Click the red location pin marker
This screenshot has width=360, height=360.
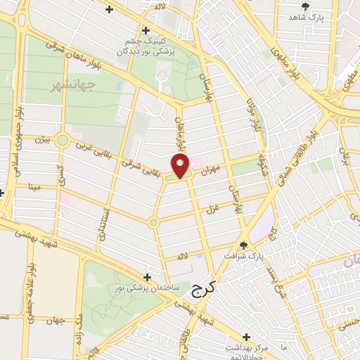[181, 166]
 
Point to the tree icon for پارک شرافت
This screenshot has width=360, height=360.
[243, 245]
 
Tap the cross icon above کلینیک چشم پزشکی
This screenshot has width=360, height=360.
[145, 30]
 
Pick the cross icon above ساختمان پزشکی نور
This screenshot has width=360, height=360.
[147, 277]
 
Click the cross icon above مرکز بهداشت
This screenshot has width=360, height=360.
[246, 337]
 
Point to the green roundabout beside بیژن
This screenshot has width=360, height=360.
[63, 141]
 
